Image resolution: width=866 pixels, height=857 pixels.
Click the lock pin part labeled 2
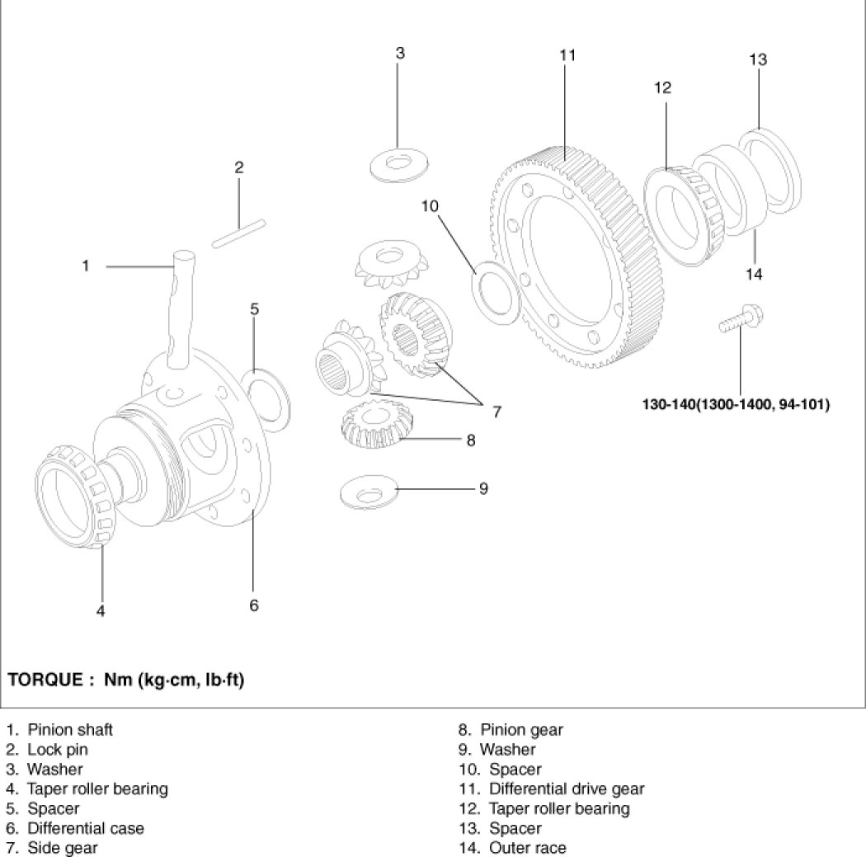(x=239, y=233)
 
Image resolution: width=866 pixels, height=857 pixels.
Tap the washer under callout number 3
(x=400, y=165)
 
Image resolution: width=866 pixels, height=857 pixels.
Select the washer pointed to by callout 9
(x=369, y=492)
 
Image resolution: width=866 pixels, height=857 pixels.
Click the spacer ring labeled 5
(x=269, y=394)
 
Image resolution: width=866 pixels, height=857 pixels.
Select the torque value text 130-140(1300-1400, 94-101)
(x=736, y=404)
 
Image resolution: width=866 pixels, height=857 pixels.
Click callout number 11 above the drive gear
(x=567, y=55)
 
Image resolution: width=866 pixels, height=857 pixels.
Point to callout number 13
(x=758, y=59)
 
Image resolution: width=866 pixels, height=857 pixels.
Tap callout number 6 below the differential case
(x=253, y=605)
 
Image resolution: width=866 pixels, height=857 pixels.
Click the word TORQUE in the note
(x=45, y=679)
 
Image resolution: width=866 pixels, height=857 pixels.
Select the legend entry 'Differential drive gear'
(x=567, y=789)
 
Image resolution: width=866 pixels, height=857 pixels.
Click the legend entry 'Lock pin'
(x=58, y=749)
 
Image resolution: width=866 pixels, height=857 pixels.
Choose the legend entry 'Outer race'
(x=528, y=848)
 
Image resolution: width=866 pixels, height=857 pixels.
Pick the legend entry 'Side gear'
(x=63, y=848)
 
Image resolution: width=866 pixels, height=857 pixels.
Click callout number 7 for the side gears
(x=497, y=412)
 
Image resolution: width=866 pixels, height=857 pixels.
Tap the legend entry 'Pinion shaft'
(x=70, y=729)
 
